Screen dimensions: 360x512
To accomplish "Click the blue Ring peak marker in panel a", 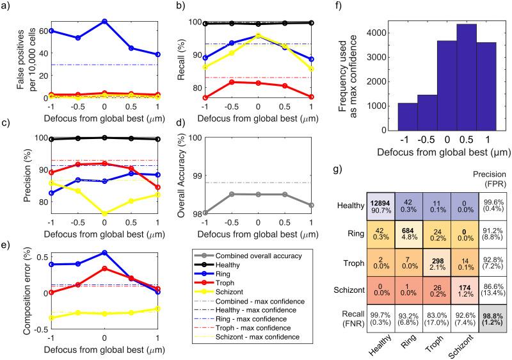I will tap(104, 21).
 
